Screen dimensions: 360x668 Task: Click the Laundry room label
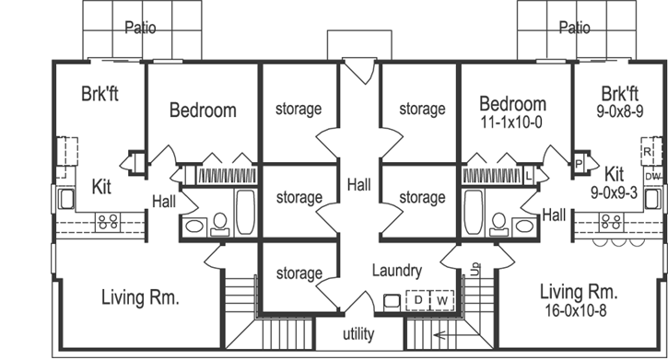coord(397,271)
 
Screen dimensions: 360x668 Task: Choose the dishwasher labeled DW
coord(652,176)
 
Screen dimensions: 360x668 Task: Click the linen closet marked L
coord(530,174)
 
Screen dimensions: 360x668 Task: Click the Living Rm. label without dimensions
coord(138,297)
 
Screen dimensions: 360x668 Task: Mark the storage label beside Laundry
coord(299,273)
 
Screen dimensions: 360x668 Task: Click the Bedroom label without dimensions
coord(203,110)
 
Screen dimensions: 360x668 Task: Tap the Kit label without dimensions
coord(102,187)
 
